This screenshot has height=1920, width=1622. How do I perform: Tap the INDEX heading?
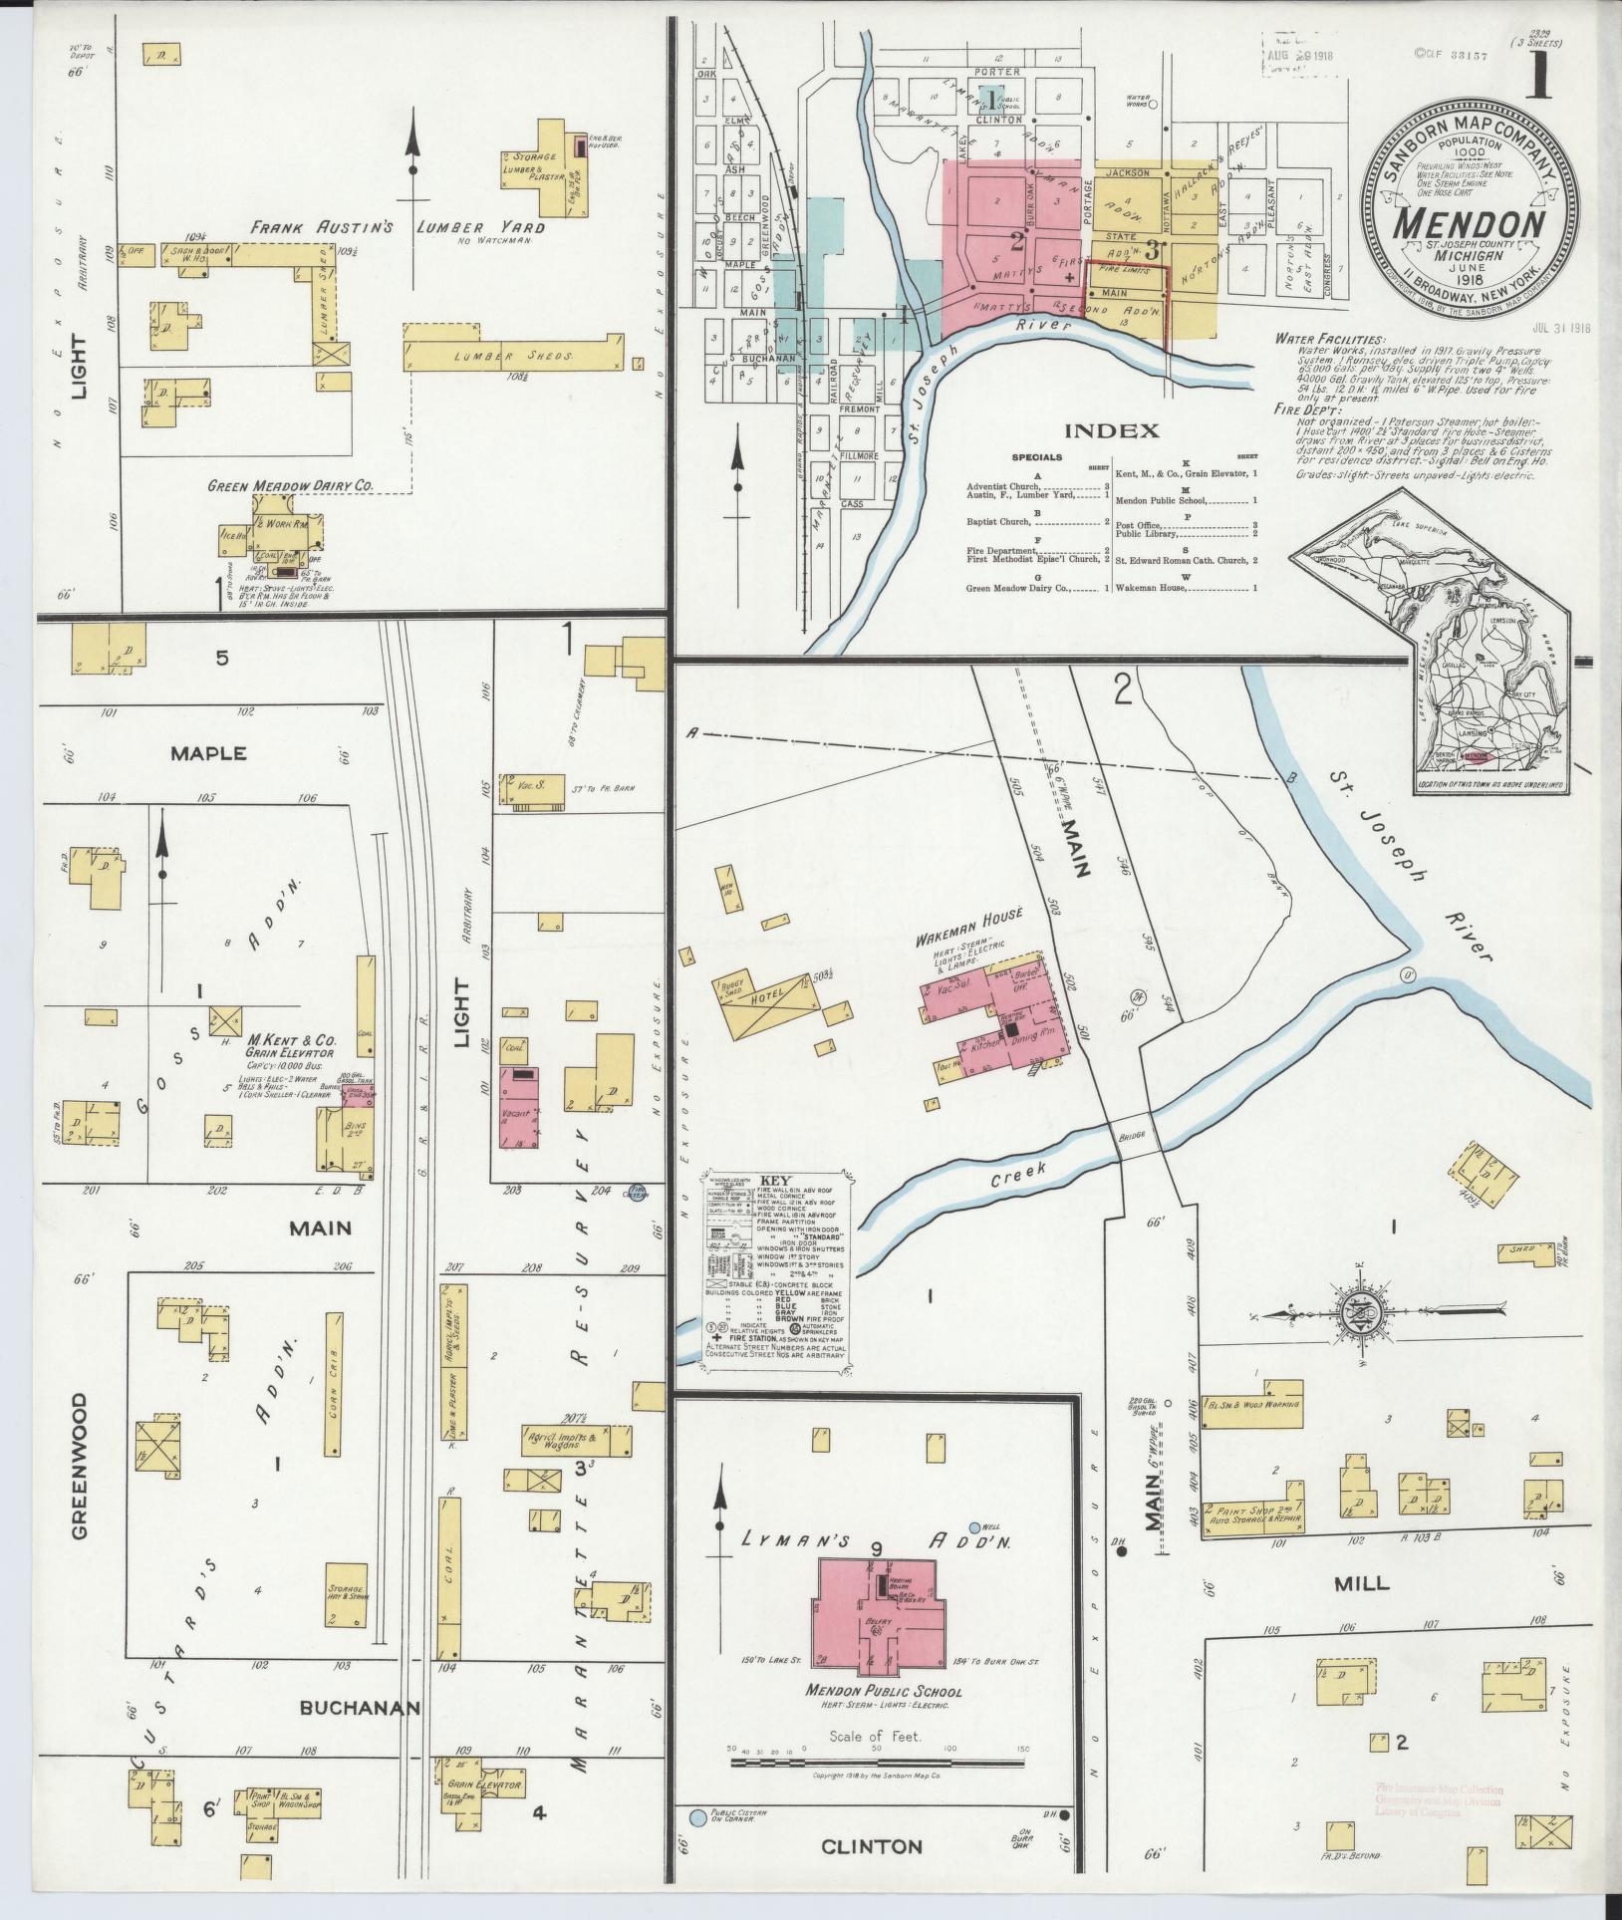(1113, 430)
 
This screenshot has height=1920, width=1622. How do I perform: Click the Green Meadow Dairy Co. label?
(290, 485)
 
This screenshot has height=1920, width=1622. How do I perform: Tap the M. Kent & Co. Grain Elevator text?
(292, 1044)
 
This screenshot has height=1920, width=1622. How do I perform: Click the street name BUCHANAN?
(360, 1708)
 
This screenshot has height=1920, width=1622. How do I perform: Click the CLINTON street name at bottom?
(872, 1846)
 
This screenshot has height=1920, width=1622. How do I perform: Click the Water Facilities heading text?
(1329, 340)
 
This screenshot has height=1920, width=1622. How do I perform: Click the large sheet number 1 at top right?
(1539, 77)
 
